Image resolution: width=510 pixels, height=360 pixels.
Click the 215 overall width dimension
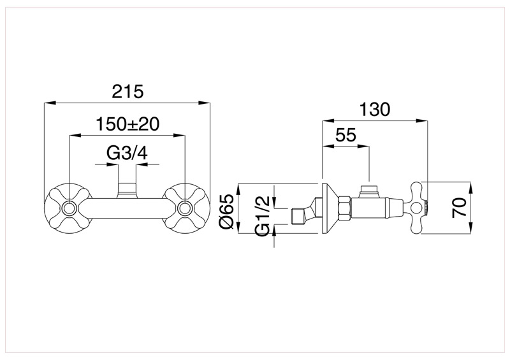point(127,91)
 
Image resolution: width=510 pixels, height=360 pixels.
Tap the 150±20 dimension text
point(127,124)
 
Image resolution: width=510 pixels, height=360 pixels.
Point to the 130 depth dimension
point(374,109)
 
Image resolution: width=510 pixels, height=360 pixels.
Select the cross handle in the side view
point(418,206)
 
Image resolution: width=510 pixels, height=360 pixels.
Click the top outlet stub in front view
point(127,189)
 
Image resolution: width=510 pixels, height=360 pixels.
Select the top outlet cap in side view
point(368,189)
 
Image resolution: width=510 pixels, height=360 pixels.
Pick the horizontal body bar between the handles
point(127,208)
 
